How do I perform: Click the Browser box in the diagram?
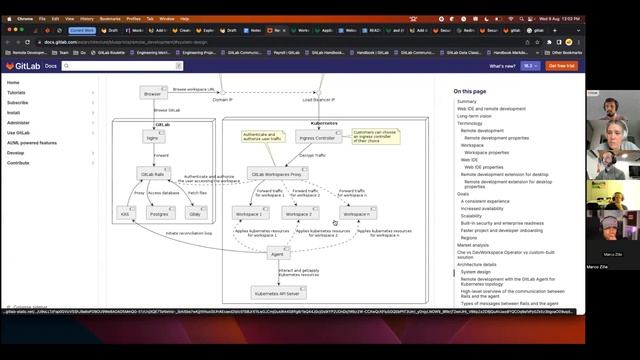151,93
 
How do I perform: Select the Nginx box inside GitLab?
151,138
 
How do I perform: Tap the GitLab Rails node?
152,173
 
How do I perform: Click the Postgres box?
158,213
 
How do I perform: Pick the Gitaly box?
196,213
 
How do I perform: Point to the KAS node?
125,213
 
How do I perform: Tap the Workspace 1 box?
249,213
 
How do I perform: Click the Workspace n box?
358,213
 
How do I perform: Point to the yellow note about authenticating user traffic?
262,136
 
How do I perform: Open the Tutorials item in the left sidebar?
16,92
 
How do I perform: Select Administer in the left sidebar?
18,122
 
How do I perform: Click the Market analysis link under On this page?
473,244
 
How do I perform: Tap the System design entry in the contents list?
476,271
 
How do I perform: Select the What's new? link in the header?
502,65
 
